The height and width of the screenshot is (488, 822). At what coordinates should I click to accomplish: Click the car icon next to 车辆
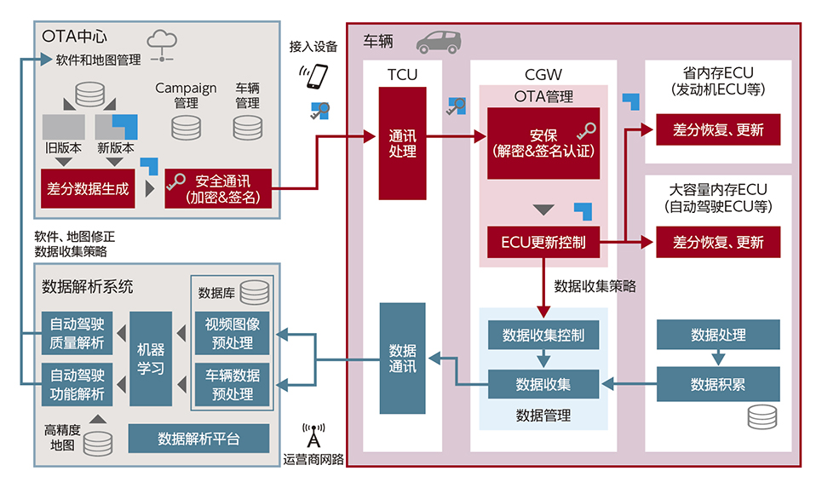pos(439,42)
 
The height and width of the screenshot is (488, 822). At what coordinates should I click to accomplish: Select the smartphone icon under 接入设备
pos(314,77)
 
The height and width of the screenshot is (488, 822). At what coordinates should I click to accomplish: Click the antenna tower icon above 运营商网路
pos(313,435)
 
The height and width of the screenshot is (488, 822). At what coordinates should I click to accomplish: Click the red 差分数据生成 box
pos(88,189)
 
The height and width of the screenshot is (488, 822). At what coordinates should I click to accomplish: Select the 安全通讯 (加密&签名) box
pos(218,189)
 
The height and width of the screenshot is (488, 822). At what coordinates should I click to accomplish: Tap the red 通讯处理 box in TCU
pos(403,143)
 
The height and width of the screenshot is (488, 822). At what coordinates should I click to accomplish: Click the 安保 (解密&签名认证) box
pos(543,143)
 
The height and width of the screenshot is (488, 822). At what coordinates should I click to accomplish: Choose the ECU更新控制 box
pos(543,242)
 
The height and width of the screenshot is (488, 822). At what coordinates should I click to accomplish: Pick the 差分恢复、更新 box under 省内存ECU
pos(718,129)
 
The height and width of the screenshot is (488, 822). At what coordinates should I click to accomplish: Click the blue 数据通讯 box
pos(403,358)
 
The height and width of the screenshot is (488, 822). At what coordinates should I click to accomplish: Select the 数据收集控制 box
pos(543,335)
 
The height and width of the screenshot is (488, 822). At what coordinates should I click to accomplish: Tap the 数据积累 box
pos(718,384)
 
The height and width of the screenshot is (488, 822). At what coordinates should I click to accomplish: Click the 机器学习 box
pos(151,359)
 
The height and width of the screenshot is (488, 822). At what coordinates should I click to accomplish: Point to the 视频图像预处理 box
pos(233,333)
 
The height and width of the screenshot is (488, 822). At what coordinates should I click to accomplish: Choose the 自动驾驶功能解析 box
pos(77,384)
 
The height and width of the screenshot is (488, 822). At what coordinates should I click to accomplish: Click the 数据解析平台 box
pos(198,439)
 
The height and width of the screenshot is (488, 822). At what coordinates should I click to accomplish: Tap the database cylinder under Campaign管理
pos(186,128)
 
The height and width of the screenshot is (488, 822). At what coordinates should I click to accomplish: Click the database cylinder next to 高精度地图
pos(98,444)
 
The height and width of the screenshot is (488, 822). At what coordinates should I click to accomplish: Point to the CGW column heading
pos(543,74)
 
